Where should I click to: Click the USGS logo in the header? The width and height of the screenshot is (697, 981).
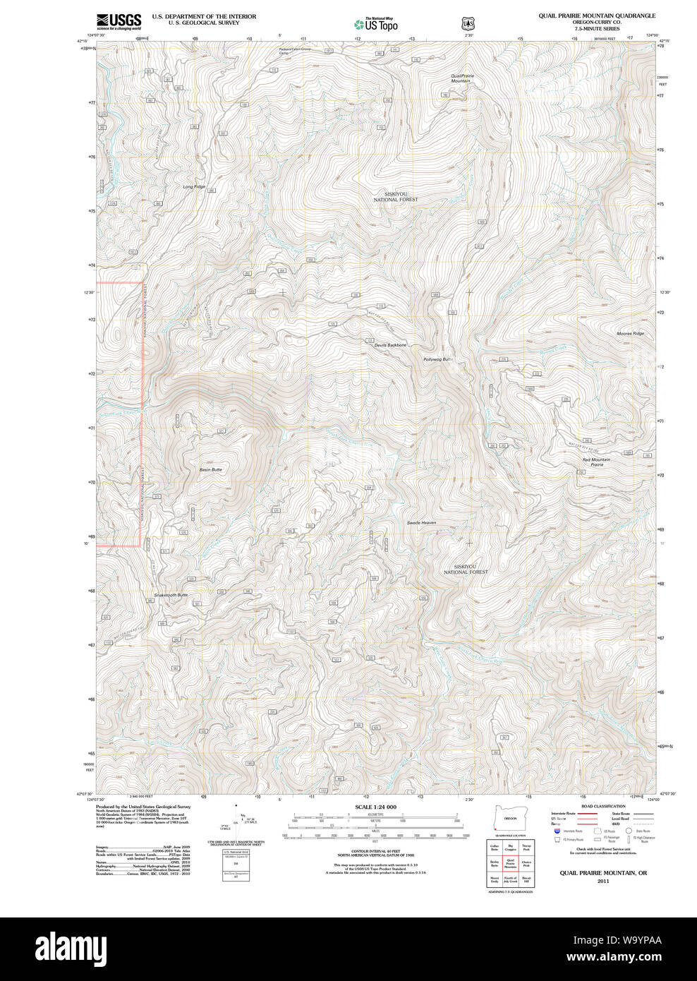[x=119, y=20]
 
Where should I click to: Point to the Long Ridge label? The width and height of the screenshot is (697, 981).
[x=194, y=186]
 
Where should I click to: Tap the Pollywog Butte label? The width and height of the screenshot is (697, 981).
[x=437, y=359]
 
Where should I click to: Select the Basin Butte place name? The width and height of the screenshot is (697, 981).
[x=210, y=469]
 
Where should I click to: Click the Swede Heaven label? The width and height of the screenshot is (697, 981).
[x=421, y=523]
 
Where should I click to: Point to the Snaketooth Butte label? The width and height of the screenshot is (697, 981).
[x=171, y=595]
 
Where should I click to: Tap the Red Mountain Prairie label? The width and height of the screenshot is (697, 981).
[x=596, y=462]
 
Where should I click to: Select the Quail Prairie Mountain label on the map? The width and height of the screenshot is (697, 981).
[x=461, y=78]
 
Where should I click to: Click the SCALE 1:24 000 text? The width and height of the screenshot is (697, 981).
[x=375, y=807]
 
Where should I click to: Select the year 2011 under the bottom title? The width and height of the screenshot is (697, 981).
[x=602, y=881]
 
